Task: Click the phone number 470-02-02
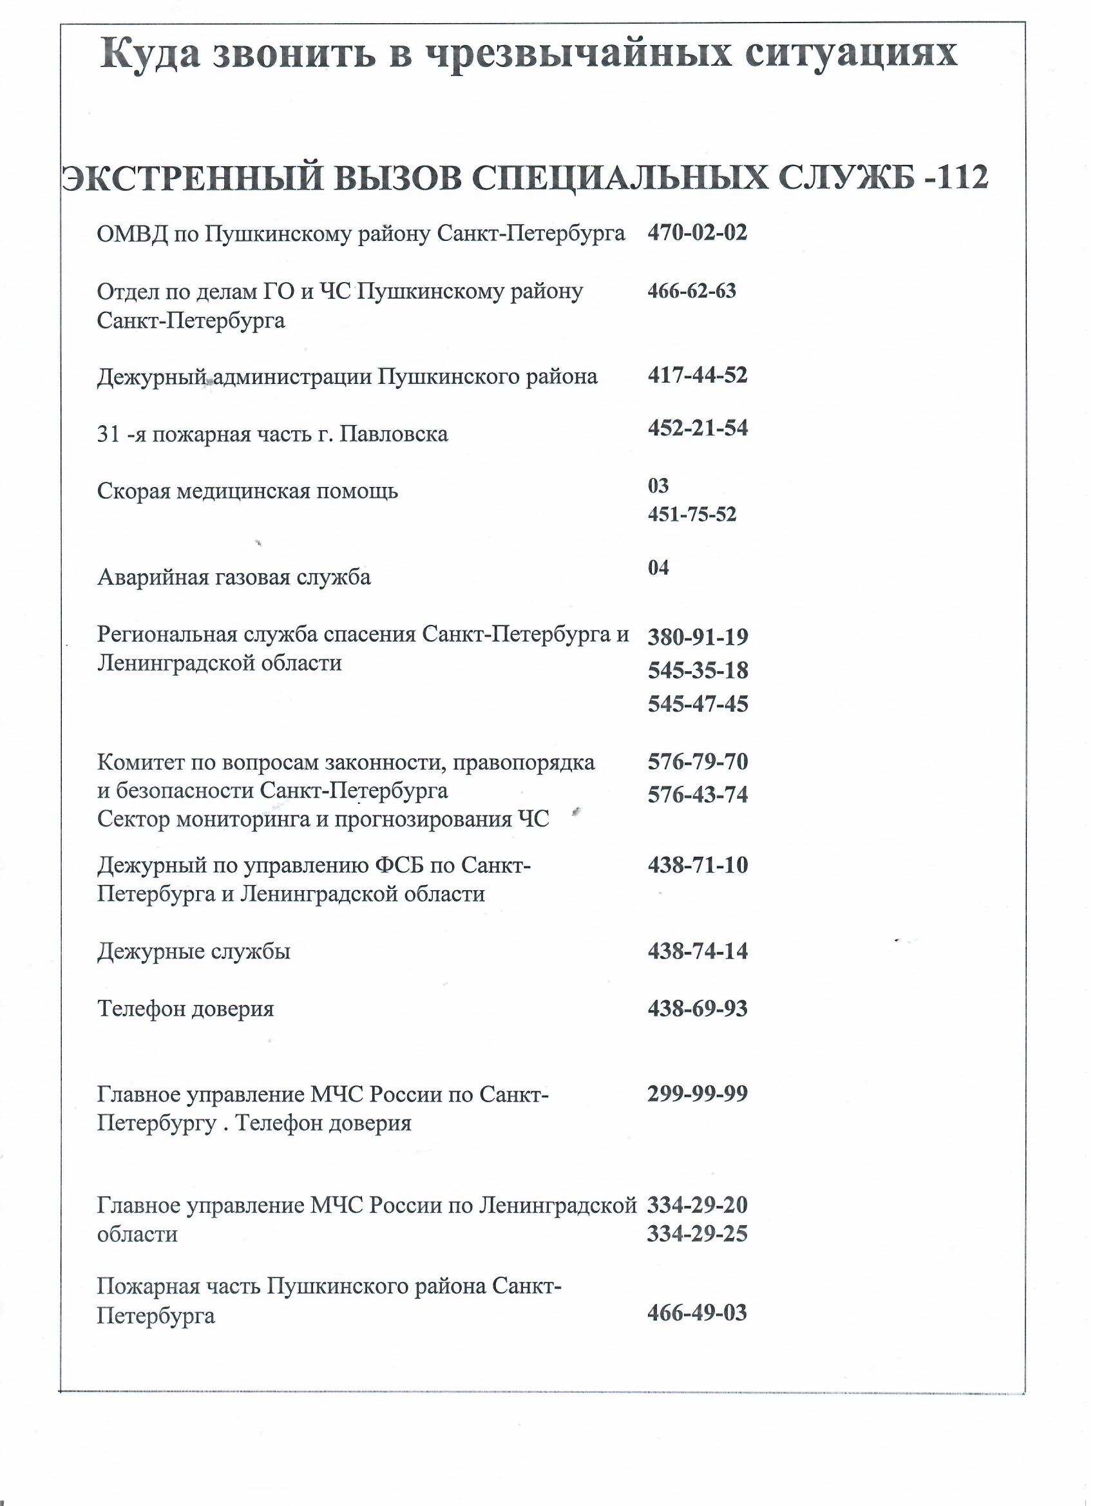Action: tap(696, 233)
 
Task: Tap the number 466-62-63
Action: tap(691, 291)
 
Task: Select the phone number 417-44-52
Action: tap(697, 376)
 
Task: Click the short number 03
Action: tap(658, 486)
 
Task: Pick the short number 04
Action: tap(658, 568)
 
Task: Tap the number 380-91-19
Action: tap(697, 638)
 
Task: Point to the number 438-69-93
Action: tap(697, 1009)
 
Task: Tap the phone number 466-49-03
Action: tap(696, 1313)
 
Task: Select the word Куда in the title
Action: tap(150, 55)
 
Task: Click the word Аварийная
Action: tap(153, 578)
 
